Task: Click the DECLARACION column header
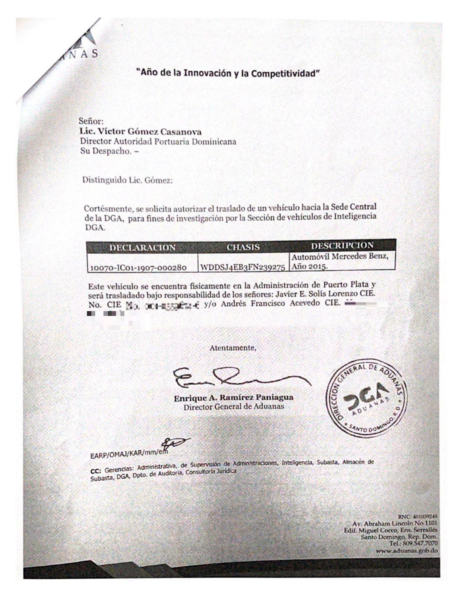coord(142,248)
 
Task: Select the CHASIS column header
coord(243,247)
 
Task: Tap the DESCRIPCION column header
coord(342,245)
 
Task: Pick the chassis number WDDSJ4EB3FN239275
coord(243,267)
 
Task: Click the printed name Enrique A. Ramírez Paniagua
coord(233,397)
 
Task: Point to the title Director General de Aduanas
coord(233,407)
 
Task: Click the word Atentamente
coord(233,348)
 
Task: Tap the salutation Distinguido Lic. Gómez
coord(127,180)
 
